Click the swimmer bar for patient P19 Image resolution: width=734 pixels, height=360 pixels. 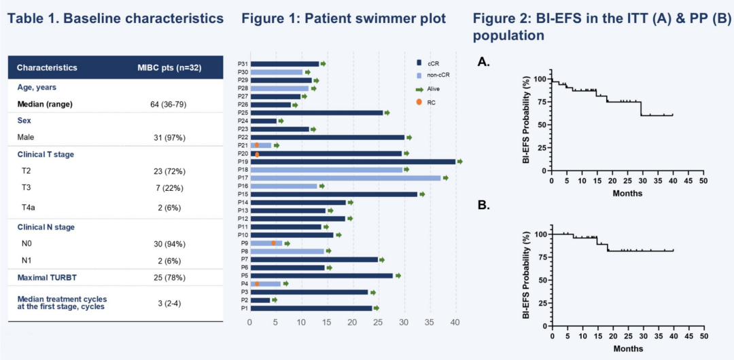coord(353,162)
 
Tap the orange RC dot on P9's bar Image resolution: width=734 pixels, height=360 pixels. coord(274,242)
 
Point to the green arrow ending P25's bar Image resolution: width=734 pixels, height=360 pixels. coord(387,113)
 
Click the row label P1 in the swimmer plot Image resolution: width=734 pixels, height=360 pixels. coord(243,308)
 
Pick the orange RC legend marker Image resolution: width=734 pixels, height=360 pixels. coord(419,102)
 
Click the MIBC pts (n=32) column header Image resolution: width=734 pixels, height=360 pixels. coord(169,68)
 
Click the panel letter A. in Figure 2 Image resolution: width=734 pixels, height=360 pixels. coord(484,62)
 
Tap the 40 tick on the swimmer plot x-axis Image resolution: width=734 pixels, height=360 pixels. coord(455,322)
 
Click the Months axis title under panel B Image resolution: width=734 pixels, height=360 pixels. coord(627,348)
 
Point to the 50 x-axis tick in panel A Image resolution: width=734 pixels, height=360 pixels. coord(703,181)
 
